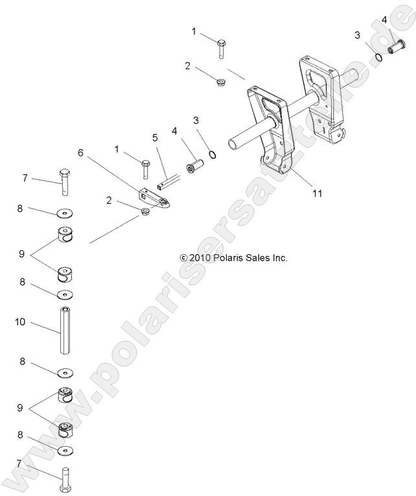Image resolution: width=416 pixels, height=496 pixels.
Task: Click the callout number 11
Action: point(317,193)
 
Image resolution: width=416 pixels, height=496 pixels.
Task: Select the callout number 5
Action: point(155,137)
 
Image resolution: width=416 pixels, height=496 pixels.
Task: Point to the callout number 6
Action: point(80,152)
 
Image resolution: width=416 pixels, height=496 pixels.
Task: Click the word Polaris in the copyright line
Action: point(229,257)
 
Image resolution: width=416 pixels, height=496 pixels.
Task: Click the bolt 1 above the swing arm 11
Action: point(221,49)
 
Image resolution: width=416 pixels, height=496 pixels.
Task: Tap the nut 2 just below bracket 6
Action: point(145,212)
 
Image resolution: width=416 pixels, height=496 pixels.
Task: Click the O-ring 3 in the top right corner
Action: point(378,57)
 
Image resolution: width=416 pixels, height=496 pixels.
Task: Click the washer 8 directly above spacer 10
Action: point(65,295)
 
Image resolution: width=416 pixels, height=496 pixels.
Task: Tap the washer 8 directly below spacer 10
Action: point(65,373)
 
